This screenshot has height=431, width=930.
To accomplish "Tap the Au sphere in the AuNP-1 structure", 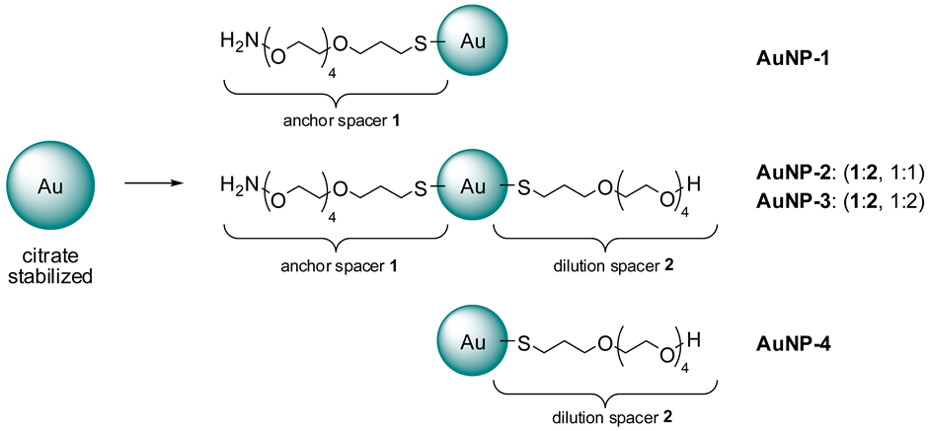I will point(477,44).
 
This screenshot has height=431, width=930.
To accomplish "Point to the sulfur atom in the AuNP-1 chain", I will point(421,44).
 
